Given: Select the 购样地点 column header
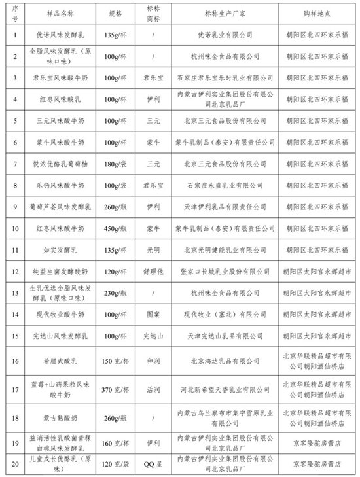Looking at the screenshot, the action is [317, 12].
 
